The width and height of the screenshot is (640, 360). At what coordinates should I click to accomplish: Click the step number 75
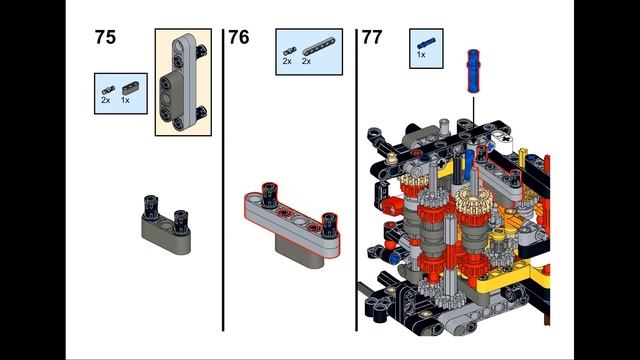(105, 38)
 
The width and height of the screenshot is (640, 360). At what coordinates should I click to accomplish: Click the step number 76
(238, 38)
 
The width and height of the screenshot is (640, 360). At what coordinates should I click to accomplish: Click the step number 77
(371, 38)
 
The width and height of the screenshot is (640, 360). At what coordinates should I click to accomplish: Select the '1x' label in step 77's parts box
(421, 55)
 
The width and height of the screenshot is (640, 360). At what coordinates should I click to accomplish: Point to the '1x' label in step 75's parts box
(125, 101)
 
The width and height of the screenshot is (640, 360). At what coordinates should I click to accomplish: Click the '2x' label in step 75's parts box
(105, 101)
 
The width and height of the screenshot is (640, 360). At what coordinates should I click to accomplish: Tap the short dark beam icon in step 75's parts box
(126, 88)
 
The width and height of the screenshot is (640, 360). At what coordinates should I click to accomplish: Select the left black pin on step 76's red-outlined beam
(268, 192)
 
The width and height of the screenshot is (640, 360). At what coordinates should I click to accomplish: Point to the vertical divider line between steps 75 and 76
(223, 180)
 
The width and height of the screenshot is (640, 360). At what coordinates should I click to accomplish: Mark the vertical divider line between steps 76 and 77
(356, 180)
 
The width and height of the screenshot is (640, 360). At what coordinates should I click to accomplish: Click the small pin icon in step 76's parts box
(288, 49)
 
